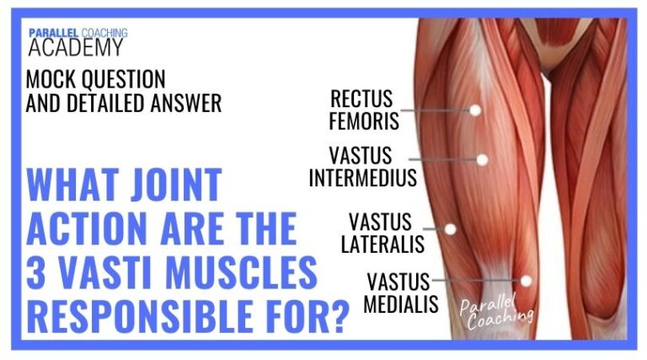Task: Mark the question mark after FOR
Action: (339, 318)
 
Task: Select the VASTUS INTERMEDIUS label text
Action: (362, 167)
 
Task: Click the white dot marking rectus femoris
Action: (474, 110)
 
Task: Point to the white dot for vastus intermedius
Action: (483, 159)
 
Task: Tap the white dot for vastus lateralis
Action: (450, 228)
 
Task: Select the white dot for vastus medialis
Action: (526, 281)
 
